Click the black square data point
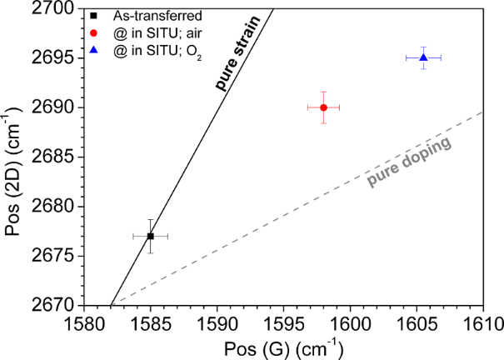pyautogui.click(x=151, y=236)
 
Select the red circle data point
pyautogui.click(x=323, y=107)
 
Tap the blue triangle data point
pyautogui.click(x=423, y=57)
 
